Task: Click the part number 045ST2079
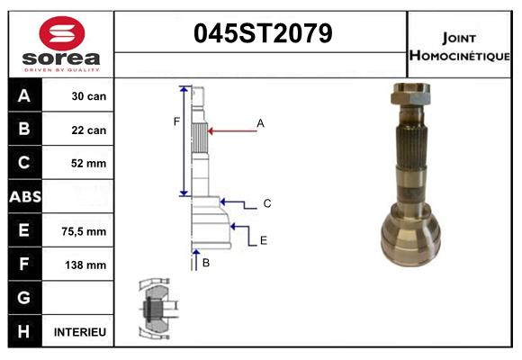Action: coord(263,34)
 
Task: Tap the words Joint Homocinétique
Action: coord(460,46)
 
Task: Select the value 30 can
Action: coord(89,96)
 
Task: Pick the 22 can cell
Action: coord(89,130)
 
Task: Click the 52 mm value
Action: coord(89,164)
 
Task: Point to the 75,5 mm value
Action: coord(84,231)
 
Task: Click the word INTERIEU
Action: coord(80,332)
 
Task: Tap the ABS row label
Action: coord(24,197)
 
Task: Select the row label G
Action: coord(24,298)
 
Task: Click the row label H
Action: coord(24,332)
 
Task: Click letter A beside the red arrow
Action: coord(260,122)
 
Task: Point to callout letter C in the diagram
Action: coord(267,203)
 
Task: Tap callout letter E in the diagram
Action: coord(264,240)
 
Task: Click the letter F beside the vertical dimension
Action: coord(177,121)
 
